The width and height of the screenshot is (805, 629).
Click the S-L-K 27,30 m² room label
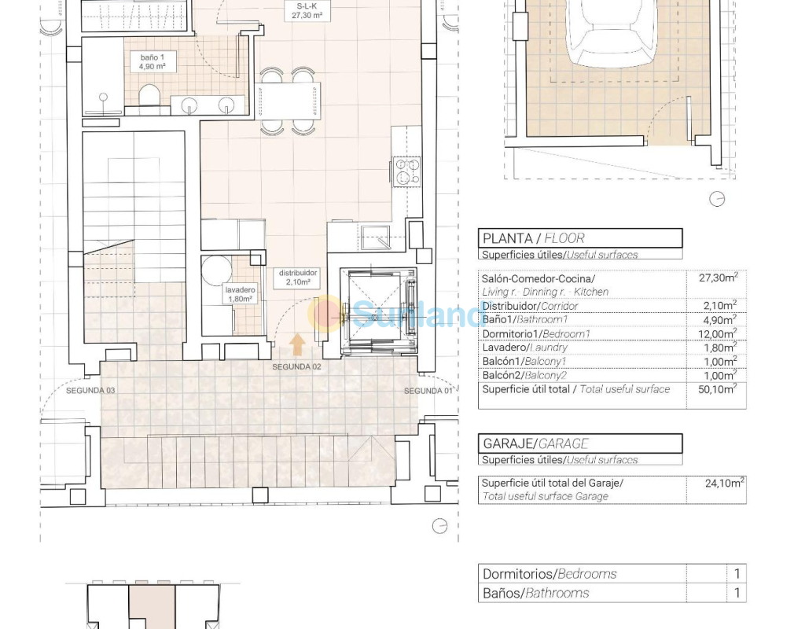point(307,11)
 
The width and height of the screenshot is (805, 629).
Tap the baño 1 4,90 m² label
point(152,61)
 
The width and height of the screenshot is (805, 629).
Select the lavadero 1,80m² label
point(240,294)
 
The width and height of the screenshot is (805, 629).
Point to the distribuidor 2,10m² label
point(298,278)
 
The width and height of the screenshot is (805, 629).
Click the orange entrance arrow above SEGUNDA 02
point(297,344)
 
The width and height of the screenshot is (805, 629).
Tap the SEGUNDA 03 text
point(90,391)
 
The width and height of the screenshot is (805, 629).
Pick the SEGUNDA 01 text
point(428,391)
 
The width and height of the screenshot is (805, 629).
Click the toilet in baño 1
point(149,96)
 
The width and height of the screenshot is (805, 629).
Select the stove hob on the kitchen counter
point(407,171)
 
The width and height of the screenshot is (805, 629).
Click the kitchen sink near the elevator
point(376,237)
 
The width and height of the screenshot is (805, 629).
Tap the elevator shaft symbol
point(379,311)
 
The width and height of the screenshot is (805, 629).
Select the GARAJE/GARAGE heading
point(535,443)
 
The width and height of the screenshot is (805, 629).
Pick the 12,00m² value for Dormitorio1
point(719,333)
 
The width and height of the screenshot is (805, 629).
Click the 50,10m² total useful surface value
point(717,388)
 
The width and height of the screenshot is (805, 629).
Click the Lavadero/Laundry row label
point(524,348)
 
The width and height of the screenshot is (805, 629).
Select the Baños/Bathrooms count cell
point(737,593)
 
